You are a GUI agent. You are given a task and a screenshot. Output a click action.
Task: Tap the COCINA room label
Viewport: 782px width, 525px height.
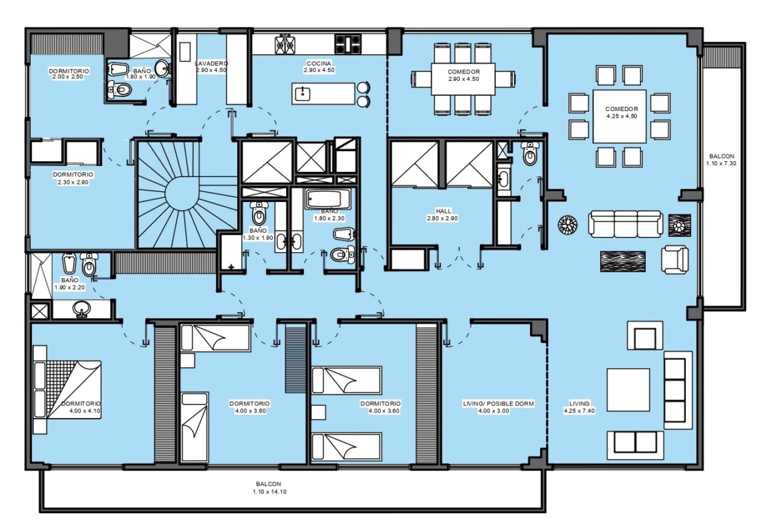[x=319, y=64]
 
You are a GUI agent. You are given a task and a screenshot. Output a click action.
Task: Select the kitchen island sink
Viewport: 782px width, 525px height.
[x=303, y=94]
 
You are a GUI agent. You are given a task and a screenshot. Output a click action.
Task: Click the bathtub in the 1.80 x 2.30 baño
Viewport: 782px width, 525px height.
[x=328, y=199]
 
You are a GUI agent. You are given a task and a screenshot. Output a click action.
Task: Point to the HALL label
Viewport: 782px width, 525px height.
[x=443, y=211]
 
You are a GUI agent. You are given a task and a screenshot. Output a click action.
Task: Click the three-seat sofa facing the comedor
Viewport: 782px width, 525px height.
[x=626, y=223]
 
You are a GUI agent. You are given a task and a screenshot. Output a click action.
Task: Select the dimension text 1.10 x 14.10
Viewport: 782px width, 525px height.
[x=269, y=492]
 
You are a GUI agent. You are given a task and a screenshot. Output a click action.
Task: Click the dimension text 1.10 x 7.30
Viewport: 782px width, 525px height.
[x=721, y=163]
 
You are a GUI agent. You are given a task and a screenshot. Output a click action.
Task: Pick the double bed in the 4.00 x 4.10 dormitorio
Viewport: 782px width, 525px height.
[x=67, y=389]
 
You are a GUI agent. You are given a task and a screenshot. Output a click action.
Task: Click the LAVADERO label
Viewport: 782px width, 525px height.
[x=211, y=64]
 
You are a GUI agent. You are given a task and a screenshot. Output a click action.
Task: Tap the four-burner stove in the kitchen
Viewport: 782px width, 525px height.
[x=348, y=43]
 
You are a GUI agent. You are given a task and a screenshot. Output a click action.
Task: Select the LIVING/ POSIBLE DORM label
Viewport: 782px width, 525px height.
[x=498, y=403]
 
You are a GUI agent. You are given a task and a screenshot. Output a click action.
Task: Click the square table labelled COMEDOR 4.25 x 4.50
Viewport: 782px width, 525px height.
[x=620, y=117]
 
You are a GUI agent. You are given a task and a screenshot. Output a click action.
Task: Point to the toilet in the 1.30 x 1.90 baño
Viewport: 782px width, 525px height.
[x=259, y=213]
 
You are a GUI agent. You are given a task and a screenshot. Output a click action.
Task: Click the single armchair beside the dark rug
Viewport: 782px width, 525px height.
[x=675, y=259]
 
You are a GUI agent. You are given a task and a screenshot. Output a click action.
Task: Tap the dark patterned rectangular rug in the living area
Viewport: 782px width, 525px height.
[x=622, y=261]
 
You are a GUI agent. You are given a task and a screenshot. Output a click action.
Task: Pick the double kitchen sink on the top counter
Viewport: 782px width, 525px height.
[x=284, y=43]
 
